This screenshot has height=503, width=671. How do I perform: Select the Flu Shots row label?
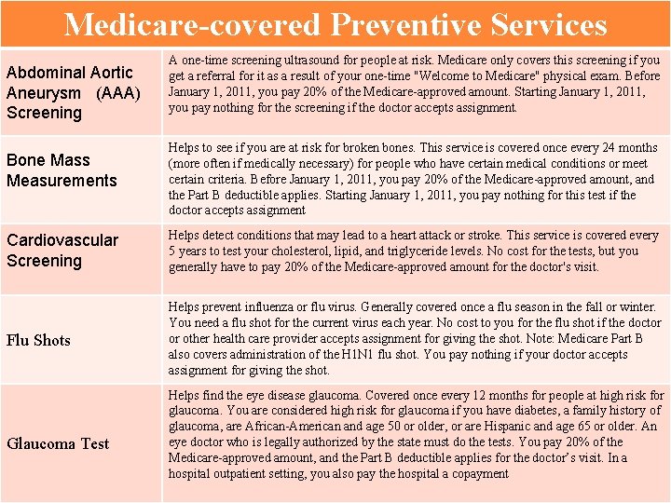click(x=38, y=340)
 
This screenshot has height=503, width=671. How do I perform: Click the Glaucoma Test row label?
click(x=58, y=443)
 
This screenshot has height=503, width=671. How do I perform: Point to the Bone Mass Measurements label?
click(x=62, y=170)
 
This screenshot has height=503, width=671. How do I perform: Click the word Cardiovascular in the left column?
click(x=62, y=240)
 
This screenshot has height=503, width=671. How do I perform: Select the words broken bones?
click(x=394, y=148)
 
